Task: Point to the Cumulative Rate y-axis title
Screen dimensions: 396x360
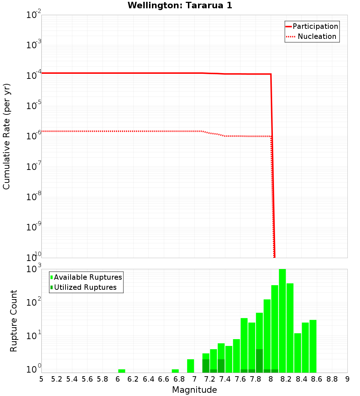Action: coord(7,136)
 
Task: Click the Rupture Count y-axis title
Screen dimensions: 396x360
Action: coord(14,320)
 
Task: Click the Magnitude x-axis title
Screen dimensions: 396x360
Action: coord(194,390)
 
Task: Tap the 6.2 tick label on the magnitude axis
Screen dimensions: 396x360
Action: coord(133,379)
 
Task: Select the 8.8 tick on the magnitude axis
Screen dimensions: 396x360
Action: coord(332,379)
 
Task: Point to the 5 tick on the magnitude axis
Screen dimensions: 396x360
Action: coord(41,379)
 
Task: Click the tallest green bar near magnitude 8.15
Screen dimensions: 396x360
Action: coord(282,320)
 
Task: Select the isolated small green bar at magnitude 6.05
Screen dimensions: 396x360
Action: coord(122,371)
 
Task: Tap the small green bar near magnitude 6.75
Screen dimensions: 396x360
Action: coord(175,371)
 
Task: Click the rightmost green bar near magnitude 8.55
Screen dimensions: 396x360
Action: coord(313,346)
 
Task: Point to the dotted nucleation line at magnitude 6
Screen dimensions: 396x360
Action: coord(118,131)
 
